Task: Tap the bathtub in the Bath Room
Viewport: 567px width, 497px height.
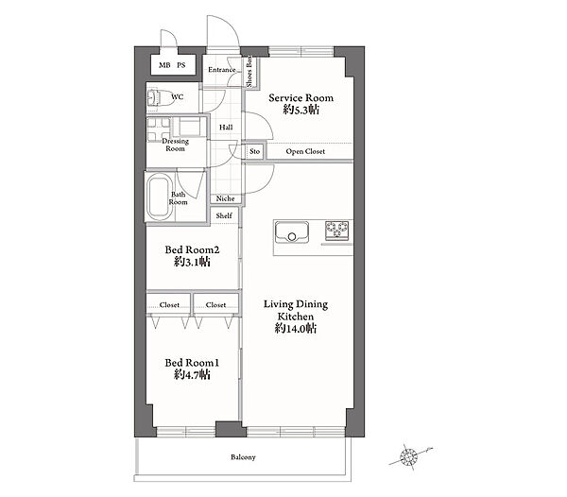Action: pyautogui.click(x=159, y=197)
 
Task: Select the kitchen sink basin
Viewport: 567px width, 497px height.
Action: pyautogui.click(x=292, y=231)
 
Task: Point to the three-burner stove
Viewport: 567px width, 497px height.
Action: pyautogui.click(x=337, y=231)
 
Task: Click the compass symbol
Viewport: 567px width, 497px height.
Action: pyautogui.click(x=409, y=457)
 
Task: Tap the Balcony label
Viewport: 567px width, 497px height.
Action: pyautogui.click(x=243, y=457)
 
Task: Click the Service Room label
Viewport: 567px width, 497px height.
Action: pyautogui.click(x=301, y=98)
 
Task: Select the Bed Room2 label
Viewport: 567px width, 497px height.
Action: pyautogui.click(x=192, y=249)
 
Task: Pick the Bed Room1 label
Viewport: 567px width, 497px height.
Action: pyautogui.click(x=192, y=363)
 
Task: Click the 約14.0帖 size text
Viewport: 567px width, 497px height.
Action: pyautogui.click(x=296, y=329)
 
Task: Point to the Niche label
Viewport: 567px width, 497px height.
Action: pyautogui.click(x=225, y=198)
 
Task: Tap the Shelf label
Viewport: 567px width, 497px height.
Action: pyautogui.click(x=224, y=215)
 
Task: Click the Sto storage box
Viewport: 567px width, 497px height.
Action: pyautogui.click(x=255, y=151)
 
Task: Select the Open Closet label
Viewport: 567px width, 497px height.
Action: pyautogui.click(x=305, y=151)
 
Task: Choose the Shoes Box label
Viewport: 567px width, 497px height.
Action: pyautogui.click(x=249, y=73)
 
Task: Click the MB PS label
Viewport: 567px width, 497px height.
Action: pyautogui.click(x=172, y=65)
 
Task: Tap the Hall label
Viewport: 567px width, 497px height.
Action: pyautogui.click(x=226, y=128)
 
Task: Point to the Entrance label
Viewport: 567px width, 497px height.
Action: pyautogui.click(x=222, y=69)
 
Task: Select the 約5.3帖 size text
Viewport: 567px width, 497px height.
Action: pyautogui.click(x=301, y=110)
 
